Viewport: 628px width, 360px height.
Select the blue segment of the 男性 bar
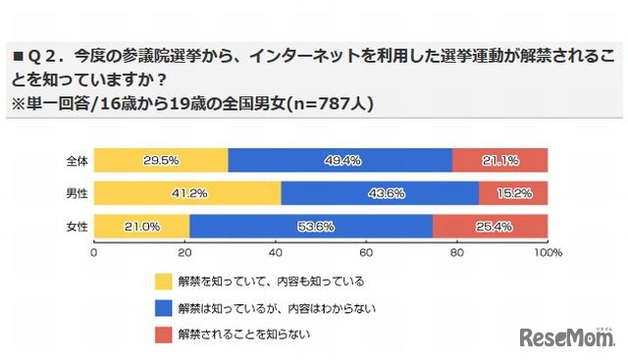[380, 193]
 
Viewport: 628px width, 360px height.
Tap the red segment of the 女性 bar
[490, 227]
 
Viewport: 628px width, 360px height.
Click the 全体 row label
[76, 160]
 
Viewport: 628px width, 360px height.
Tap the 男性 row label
[76, 193]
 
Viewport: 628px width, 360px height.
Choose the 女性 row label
[76, 227]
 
